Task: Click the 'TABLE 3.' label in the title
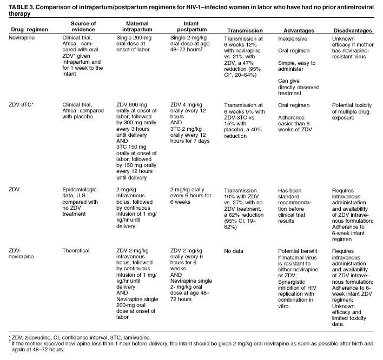18,5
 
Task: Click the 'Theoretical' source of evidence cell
76,251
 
